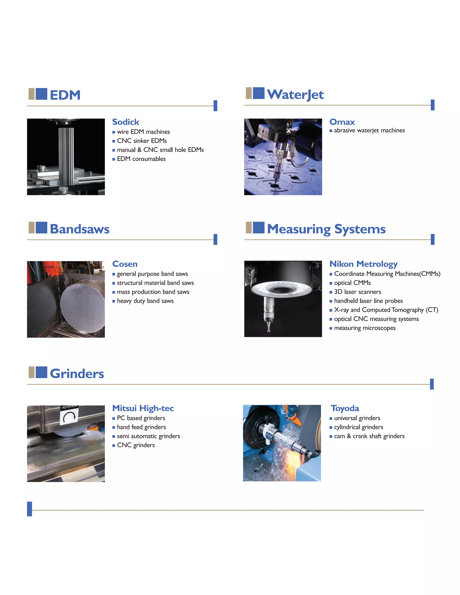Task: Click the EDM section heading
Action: click(x=65, y=95)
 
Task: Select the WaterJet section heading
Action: click(x=295, y=95)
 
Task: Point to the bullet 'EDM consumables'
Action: click(x=141, y=159)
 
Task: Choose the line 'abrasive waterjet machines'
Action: click(x=369, y=130)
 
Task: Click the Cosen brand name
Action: click(x=125, y=264)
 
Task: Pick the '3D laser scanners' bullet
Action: click(x=357, y=292)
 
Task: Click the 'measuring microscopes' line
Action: click(x=365, y=328)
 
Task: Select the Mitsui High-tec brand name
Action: click(x=143, y=408)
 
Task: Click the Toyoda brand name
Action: click(x=345, y=408)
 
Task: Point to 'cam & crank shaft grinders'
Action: click(x=369, y=436)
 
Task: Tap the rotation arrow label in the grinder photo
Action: click(x=69, y=415)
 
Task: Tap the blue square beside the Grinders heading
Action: click(x=41, y=372)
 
